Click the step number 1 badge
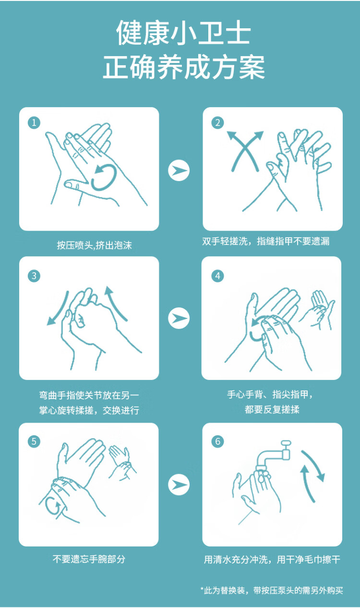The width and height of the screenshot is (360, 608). (34, 122)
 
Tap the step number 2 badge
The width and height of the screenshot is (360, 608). (217, 122)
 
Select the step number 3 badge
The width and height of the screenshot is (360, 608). (34, 276)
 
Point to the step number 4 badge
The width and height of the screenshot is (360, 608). (217, 276)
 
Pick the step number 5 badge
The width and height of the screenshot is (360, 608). (34, 441)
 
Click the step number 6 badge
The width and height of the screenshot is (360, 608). (217, 441)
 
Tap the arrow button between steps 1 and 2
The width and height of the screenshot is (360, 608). (179, 170)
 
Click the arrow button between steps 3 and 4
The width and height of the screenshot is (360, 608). (179, 318)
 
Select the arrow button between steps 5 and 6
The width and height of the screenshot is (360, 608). (179, 485)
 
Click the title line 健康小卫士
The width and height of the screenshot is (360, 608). (183, 33)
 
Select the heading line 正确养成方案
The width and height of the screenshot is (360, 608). (184, 67)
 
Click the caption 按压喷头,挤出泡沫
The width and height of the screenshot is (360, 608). (94, 245)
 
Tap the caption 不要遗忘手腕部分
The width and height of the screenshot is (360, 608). (89, 559)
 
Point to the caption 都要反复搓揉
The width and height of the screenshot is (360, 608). (272, 409)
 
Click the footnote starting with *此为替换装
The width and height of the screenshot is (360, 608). (272, 590)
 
